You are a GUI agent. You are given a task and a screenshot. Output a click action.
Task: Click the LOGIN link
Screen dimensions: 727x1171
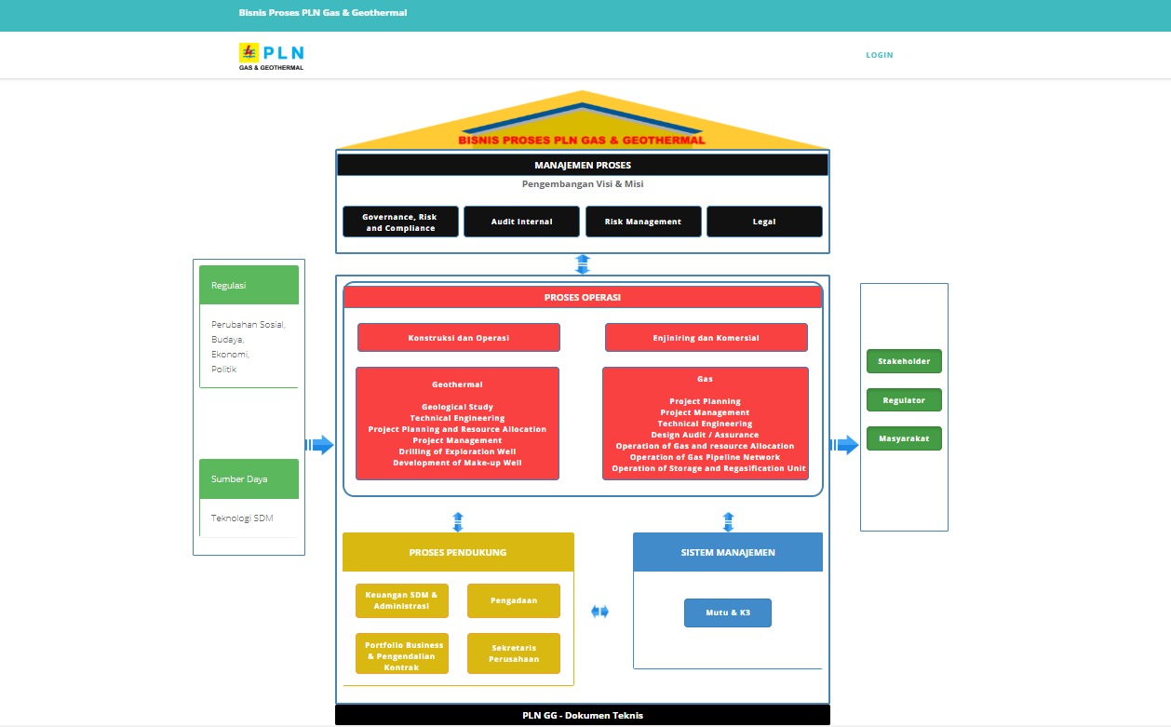click(879, 55)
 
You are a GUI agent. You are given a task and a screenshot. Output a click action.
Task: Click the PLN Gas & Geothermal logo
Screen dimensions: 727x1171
click(271, 57)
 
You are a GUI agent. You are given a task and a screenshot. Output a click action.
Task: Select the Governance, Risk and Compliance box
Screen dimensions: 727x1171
click(400, 222)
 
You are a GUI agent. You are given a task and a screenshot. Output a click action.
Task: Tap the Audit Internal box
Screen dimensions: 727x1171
click(521, 222)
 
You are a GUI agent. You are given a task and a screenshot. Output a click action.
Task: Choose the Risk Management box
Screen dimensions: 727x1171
click(642, 222)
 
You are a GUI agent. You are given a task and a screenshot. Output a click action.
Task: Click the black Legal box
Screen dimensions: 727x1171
click(764, 222)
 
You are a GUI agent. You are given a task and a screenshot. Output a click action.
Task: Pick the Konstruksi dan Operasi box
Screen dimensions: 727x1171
click(458, 338)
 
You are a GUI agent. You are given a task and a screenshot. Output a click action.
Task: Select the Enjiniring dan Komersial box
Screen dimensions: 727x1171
click(706, 338)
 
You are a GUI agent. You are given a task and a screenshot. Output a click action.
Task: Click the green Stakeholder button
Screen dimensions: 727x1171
click(904, 361)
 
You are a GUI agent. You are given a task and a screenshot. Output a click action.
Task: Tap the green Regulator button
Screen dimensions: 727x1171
click(904, 400)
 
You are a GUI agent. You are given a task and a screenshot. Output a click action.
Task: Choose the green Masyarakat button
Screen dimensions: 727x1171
click(904, 438)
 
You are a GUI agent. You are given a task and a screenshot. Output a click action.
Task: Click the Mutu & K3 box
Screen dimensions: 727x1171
click(728, 613)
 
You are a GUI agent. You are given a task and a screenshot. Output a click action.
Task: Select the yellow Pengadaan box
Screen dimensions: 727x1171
click(514, 600)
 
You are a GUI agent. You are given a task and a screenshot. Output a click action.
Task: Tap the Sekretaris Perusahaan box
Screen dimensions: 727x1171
click(514, 653)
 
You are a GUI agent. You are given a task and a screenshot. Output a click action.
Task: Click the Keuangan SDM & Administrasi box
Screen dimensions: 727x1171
click(401, 600)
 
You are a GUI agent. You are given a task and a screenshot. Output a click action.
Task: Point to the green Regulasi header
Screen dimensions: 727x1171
click(249, 285)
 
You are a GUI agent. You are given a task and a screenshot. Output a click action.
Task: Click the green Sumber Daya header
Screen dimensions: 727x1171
click(249, 478)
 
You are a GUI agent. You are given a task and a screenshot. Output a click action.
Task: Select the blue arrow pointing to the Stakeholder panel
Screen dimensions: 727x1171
click(845, 445)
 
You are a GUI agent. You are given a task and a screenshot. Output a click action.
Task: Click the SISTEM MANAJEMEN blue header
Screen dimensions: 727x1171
click(728, 552)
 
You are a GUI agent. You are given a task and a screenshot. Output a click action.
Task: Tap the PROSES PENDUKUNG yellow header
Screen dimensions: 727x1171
click(458, 552)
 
